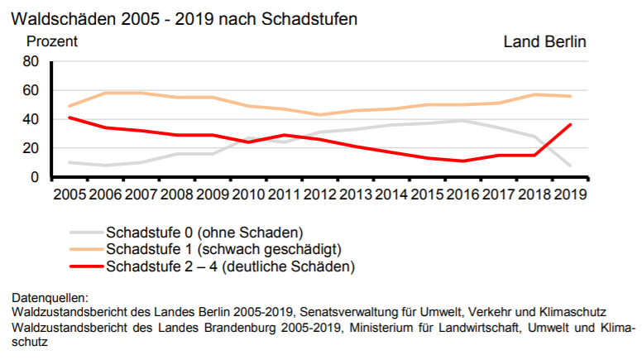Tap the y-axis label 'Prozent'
point(52,41)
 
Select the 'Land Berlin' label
point(544,41)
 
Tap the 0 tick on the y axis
point(36,177)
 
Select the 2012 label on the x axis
point(319,194)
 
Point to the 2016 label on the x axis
point(462,194)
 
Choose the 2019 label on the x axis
point(570,194)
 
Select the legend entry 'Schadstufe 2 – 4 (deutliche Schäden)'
point(230,266)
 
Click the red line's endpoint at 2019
point(570,124)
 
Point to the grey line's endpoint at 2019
point(570,166)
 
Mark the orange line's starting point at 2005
point(69,106)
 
